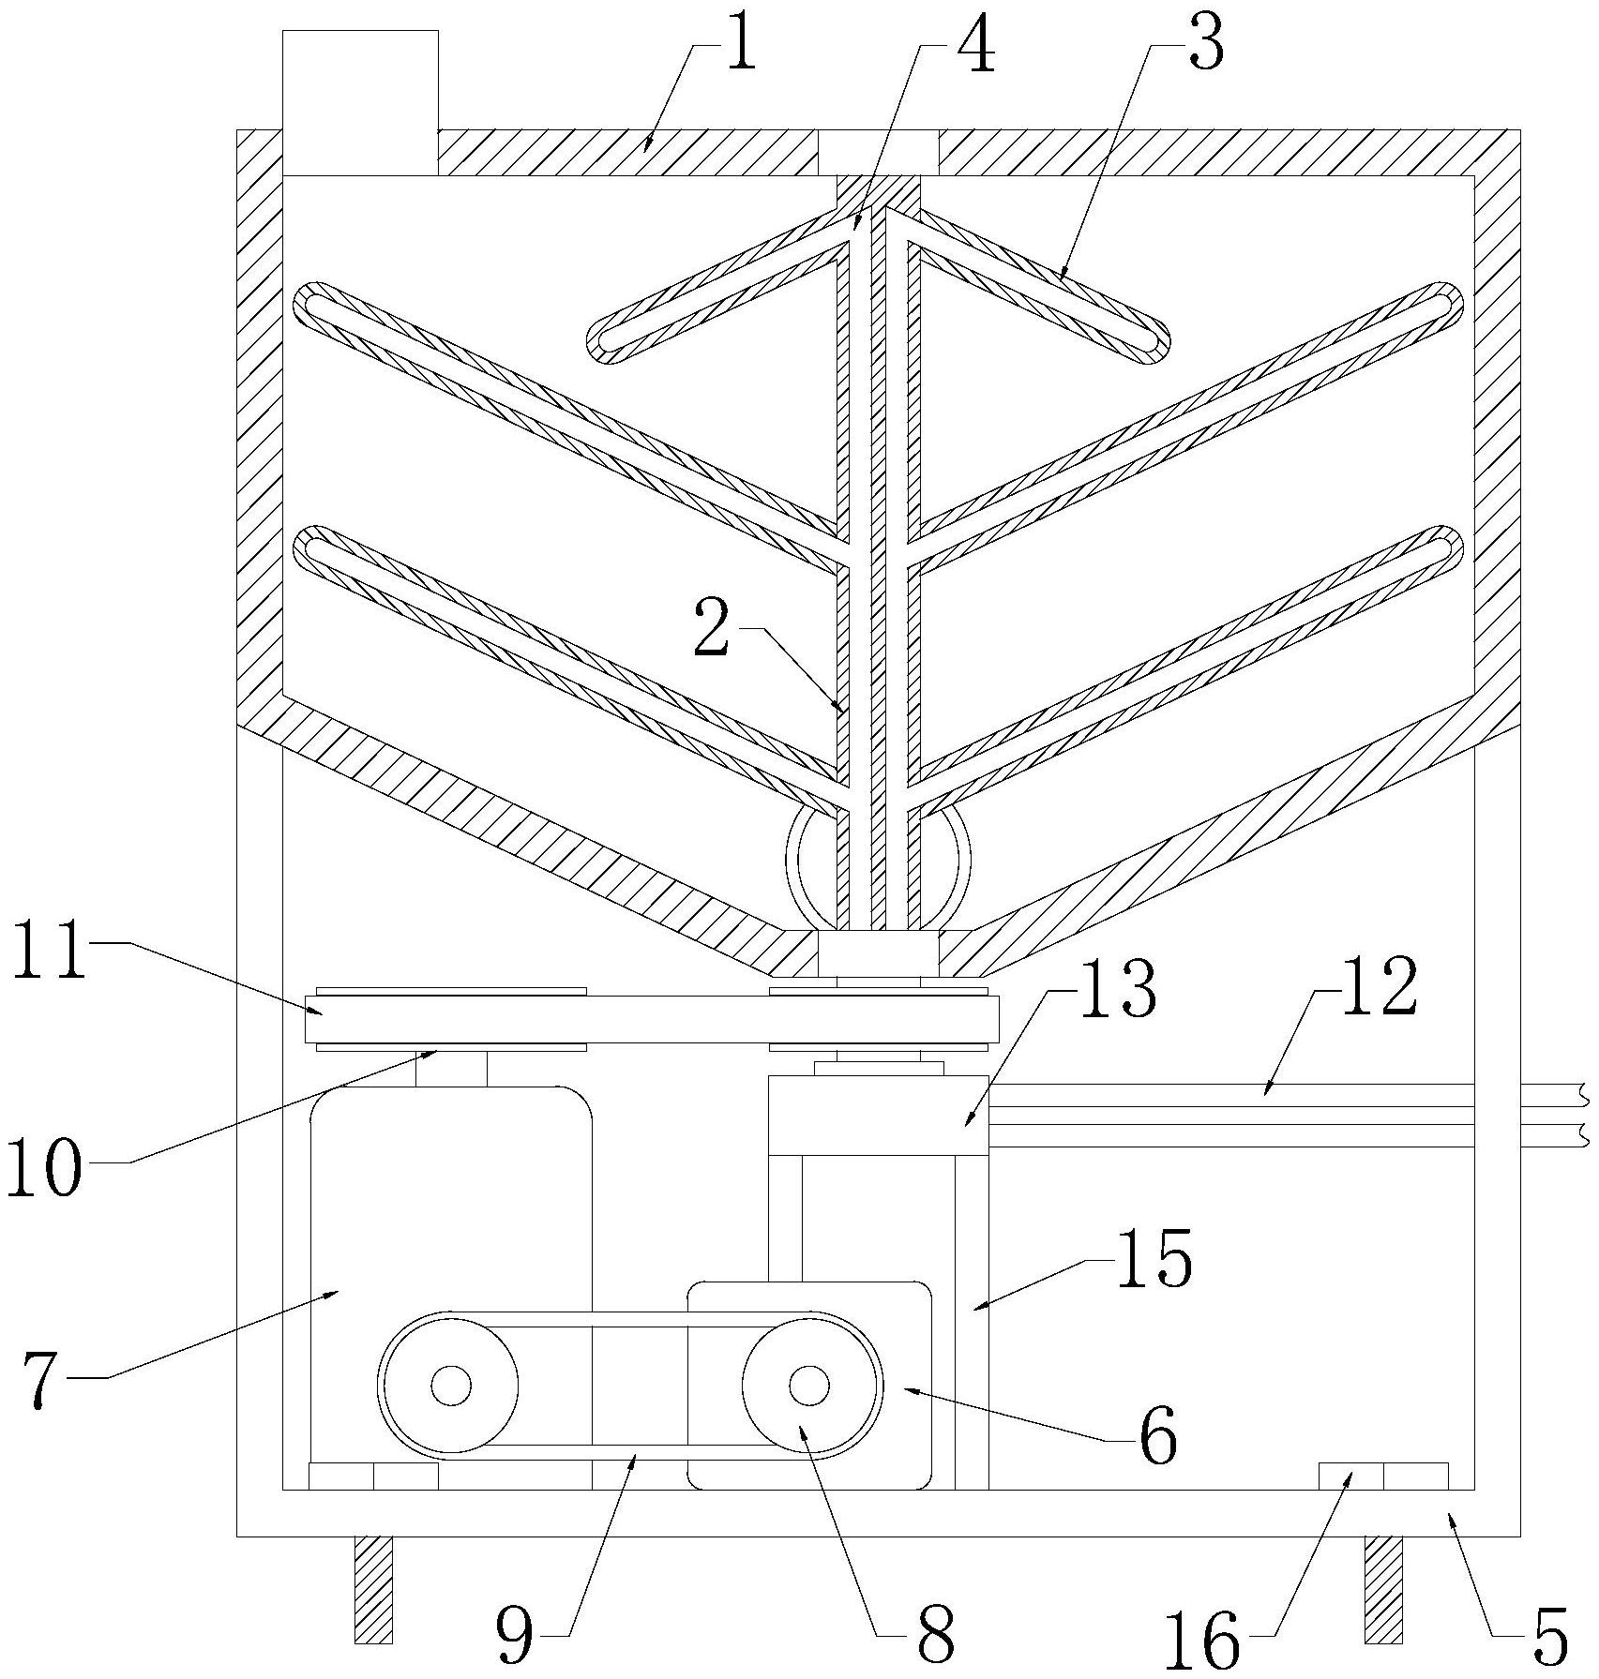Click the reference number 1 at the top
[738, 47]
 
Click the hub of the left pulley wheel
[451, 1386]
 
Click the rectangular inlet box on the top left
[360, 103]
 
